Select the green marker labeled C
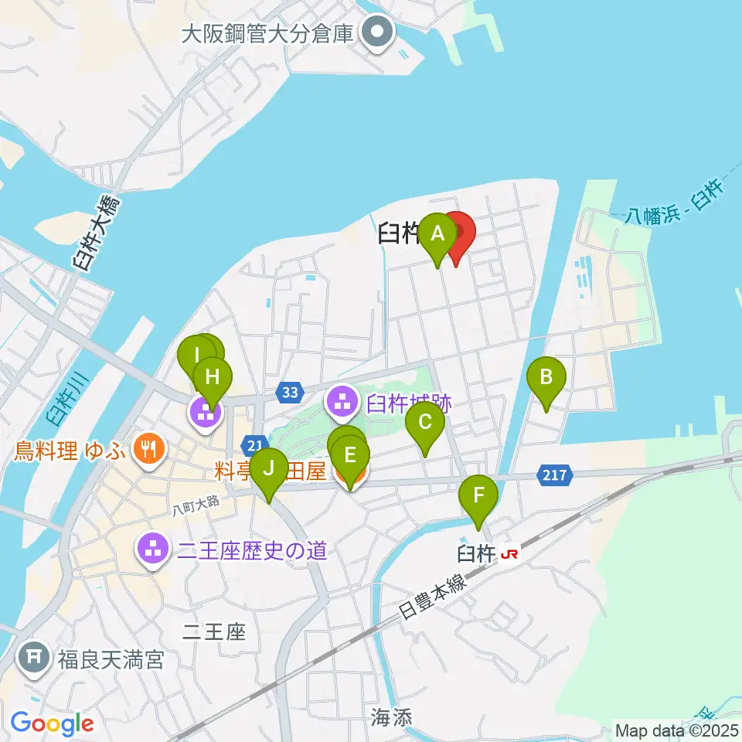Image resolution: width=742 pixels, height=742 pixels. [425, 423]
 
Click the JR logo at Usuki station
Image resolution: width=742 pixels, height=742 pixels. [509, 554]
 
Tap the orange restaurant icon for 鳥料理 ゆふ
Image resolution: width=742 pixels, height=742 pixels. [147, 450]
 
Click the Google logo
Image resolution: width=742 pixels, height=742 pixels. [52, 724]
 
